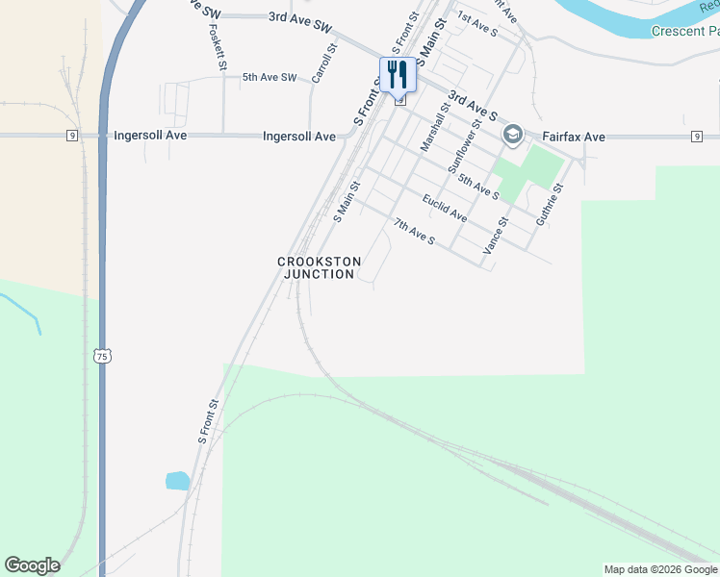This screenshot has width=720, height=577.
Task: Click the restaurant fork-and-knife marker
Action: click(x=397, y=74)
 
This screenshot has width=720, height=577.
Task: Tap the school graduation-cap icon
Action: click(x=512, y=136)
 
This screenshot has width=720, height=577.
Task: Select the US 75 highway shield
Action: click(x=103, y=356)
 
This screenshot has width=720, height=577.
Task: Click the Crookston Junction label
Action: click(x=320, y=267)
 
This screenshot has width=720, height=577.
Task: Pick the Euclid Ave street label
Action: click(x=444, y=208)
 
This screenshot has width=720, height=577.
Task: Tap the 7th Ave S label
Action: click(x=414, y=231)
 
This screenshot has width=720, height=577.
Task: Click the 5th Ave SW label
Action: click(x=270, y=77)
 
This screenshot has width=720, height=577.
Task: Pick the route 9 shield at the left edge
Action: click(x=72, y=136)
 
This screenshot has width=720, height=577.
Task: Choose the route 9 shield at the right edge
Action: click(x=696, y=138)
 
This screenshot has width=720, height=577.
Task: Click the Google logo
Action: click(x=32, y=565)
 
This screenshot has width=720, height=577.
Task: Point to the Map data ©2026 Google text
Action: click(x=660, y=569)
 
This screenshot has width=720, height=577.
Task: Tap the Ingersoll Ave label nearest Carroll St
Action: click(x=299, y=137)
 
